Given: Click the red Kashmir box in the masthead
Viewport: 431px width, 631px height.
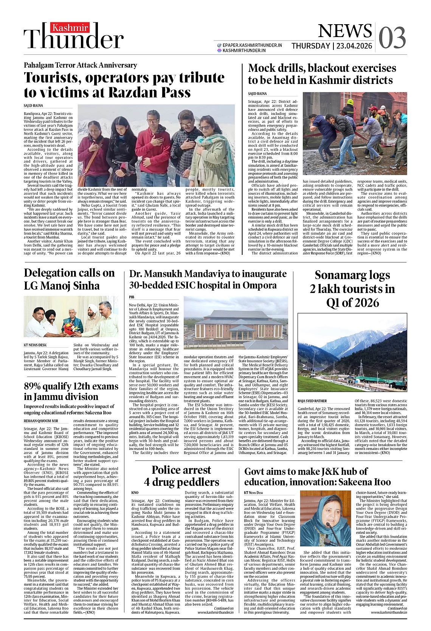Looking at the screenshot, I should pos(70,28).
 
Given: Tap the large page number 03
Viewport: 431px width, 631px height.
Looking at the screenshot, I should pos(392,38).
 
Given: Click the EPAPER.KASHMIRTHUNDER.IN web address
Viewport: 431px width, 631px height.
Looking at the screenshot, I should pos(252,45).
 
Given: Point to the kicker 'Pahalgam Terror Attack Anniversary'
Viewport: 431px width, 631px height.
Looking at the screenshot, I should pos(80,65).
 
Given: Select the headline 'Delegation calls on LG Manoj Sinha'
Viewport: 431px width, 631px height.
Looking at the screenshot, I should pos(69,279).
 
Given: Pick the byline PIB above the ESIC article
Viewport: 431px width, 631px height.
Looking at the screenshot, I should pos(132,298).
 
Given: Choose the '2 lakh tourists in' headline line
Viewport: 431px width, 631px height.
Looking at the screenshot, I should pos(352,289).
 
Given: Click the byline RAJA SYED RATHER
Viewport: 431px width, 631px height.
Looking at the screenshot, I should pos(312,401).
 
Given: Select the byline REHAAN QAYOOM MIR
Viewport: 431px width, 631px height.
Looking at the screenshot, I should pos(41,421).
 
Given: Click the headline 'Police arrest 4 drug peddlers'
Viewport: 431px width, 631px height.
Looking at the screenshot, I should pos(181,476).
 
